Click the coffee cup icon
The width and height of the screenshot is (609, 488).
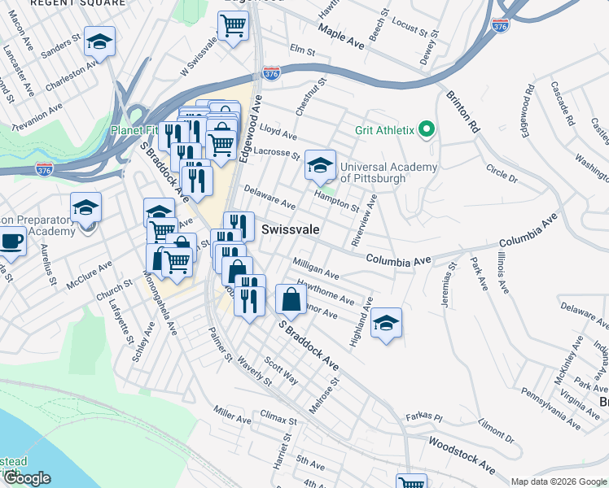click(x=11, y=241)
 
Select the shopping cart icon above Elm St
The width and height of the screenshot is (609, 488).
click(x=233, y=27)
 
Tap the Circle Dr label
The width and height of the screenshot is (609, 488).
click(x=502, y=172)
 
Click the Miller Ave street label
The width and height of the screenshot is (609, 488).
click(x=232, y=415)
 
